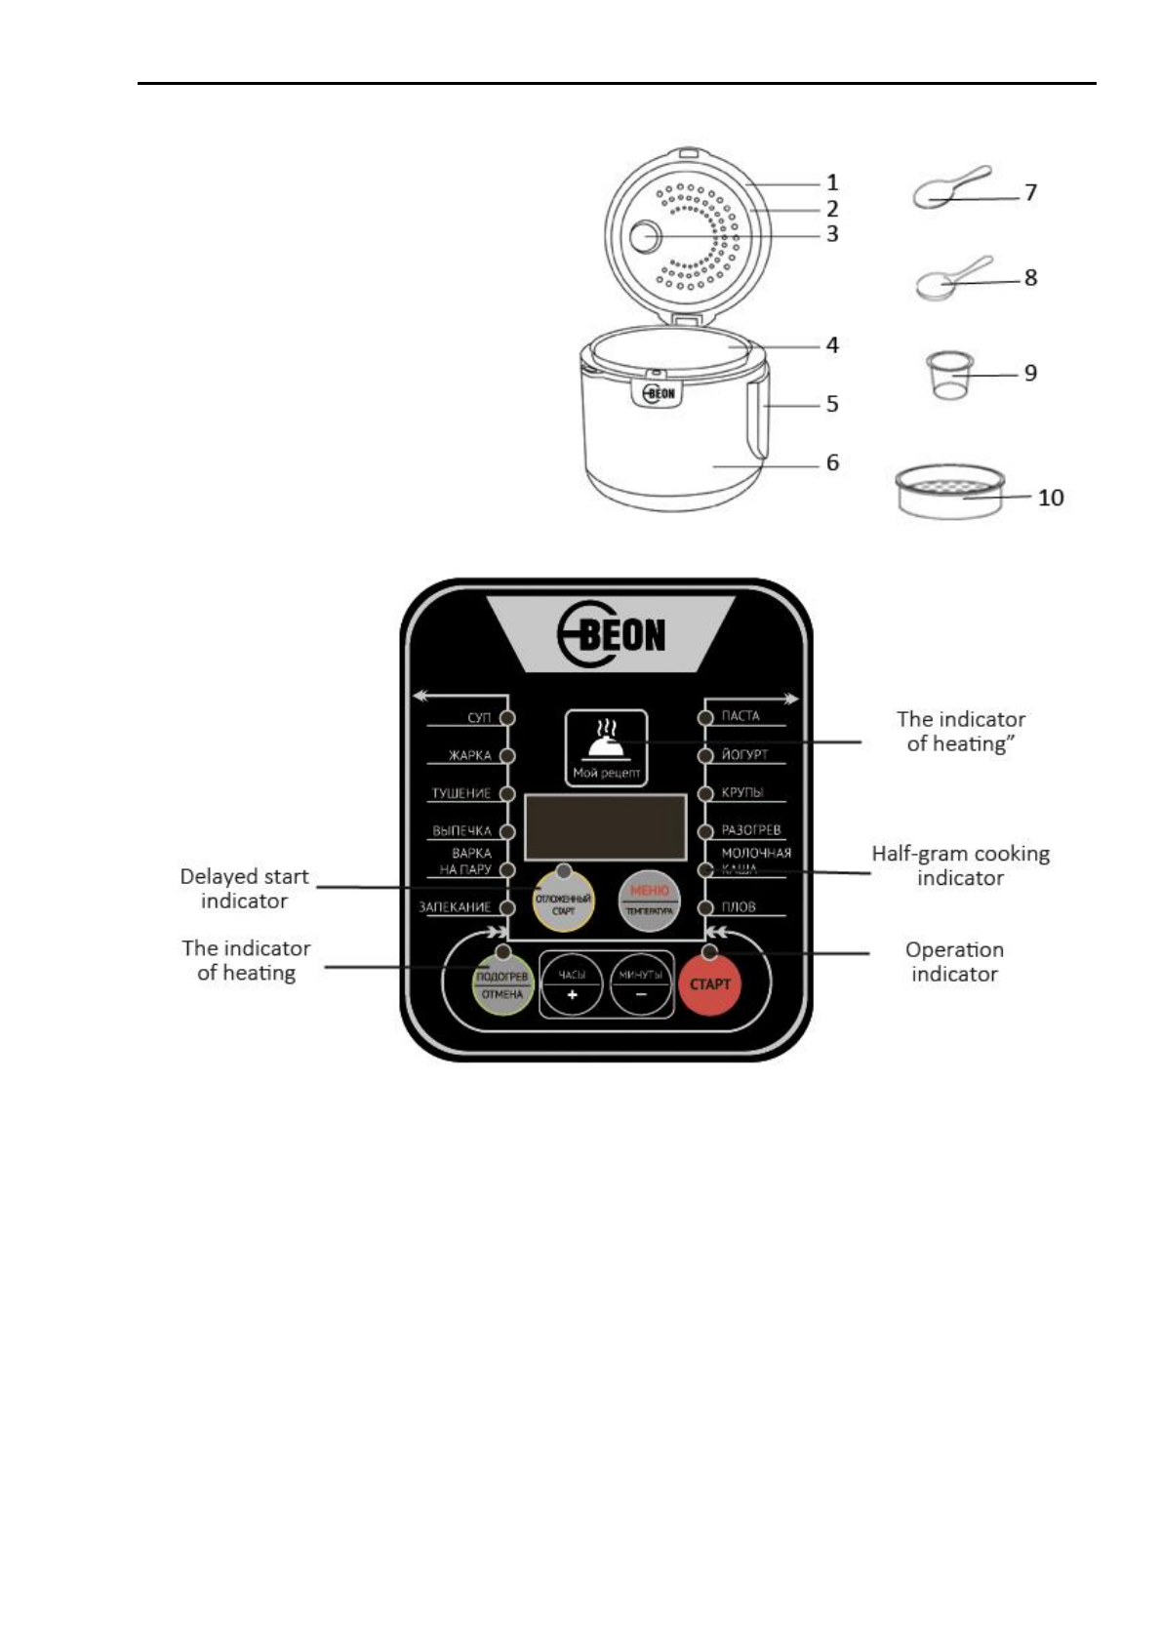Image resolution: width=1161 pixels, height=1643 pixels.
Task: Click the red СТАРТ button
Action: coord(709,983)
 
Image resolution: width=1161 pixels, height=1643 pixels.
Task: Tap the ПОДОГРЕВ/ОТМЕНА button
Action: coord(502,985)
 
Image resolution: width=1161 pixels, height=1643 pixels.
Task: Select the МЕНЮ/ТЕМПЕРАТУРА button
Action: coord(649,900)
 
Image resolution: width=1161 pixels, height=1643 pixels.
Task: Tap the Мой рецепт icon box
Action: coord(606,748)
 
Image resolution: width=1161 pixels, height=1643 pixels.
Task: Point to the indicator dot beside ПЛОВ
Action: coord(705,907)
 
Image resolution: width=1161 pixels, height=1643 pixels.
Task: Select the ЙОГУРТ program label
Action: coord(744,754)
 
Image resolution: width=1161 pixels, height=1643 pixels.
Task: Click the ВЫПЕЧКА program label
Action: coord(461,831)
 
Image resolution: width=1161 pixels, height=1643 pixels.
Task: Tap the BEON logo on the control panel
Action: coord(612,635)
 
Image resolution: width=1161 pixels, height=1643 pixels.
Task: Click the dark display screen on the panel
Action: coord(605,826)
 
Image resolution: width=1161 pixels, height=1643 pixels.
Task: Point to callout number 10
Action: coord(1051,498)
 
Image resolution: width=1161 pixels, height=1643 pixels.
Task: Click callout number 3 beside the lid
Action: coord(832,234)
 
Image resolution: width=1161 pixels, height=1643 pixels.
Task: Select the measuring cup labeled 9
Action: coord(948,376)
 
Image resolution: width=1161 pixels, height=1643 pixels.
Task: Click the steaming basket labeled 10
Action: coord(949,492)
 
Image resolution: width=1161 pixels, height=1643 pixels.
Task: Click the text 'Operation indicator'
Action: coord(954,962)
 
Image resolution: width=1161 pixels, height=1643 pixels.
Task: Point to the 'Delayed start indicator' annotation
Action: coord(244,889)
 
